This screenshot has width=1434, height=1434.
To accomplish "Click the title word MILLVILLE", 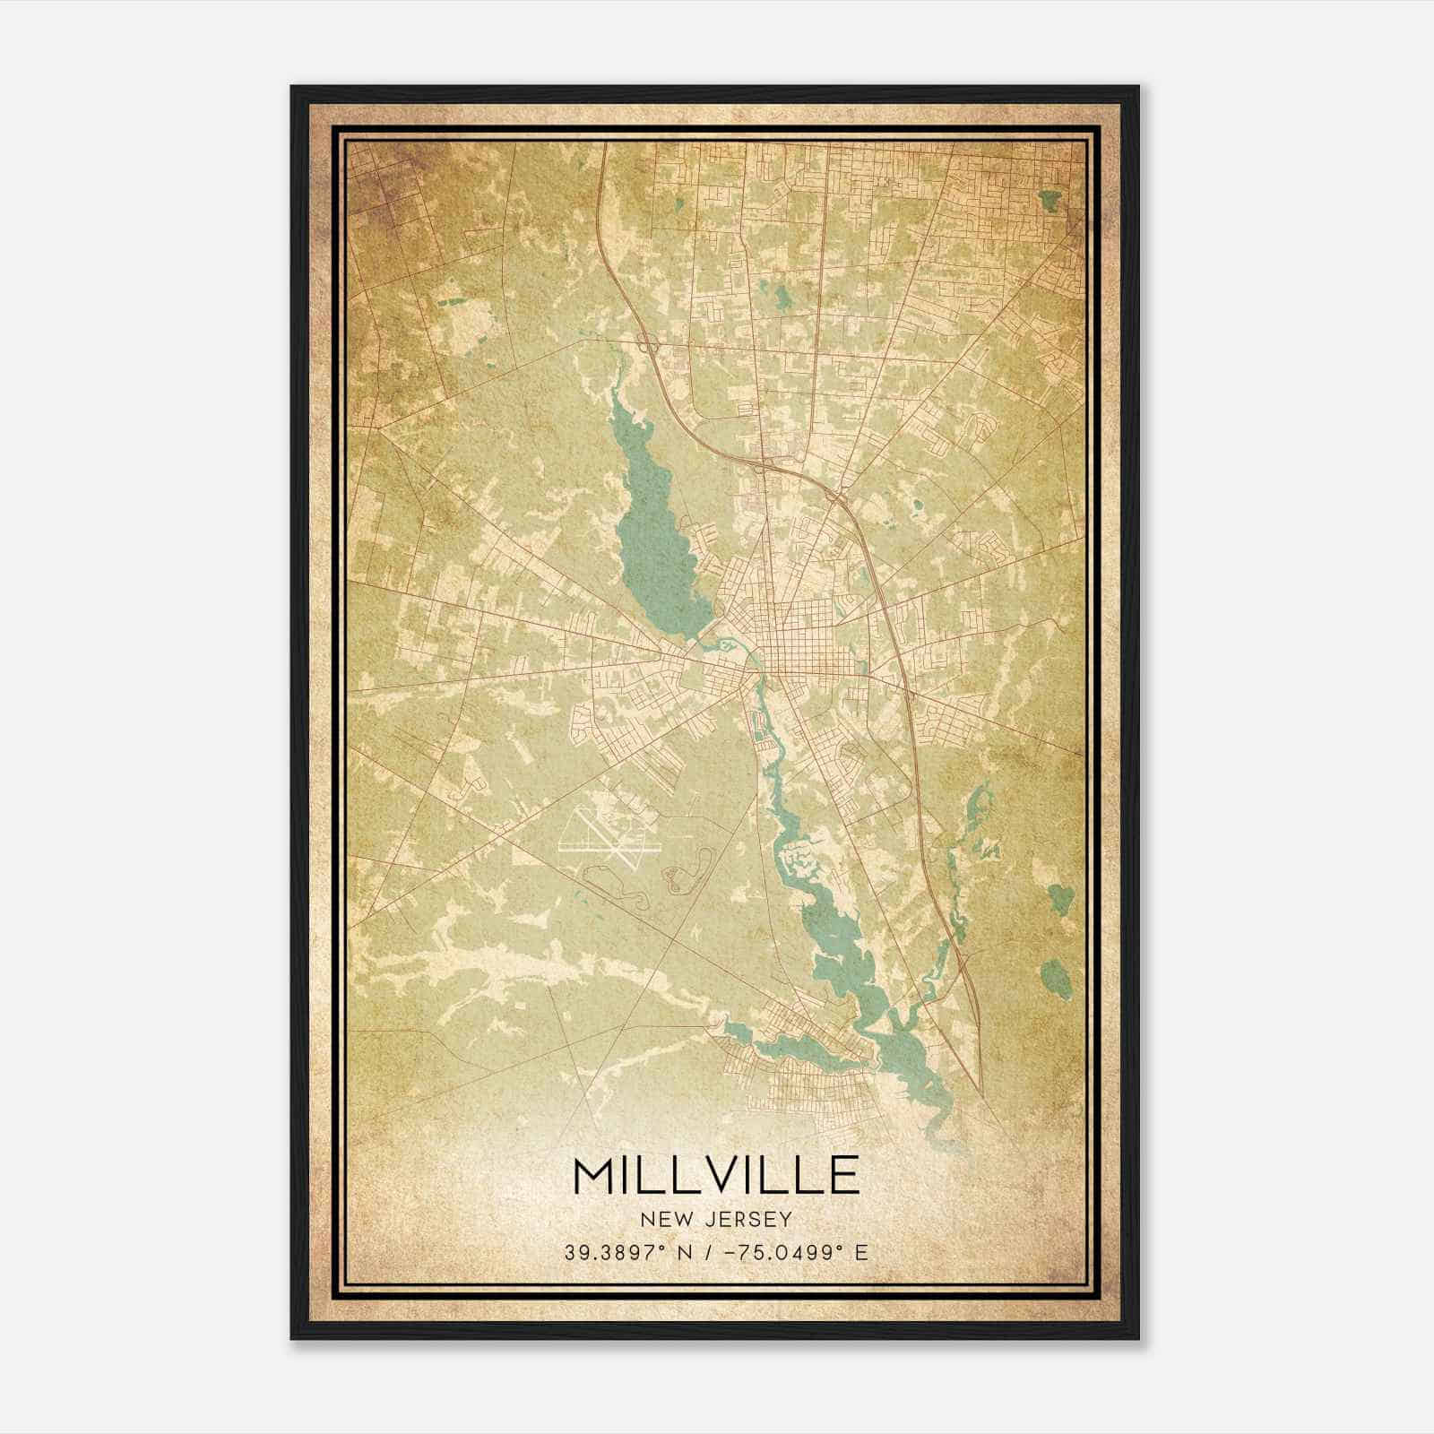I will tap(716, 1175).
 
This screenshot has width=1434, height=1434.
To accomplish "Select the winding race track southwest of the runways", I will tap(618, 887).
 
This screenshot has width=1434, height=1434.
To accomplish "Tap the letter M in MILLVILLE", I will tap(593, 1175).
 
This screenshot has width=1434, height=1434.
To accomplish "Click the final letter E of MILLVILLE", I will tap(843, 1175).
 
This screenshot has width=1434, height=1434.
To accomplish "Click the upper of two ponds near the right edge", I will tap(1060, 896).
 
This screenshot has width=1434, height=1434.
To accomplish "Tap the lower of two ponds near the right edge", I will tap(1055, 972).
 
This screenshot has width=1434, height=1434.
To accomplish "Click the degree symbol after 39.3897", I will tap(663, 1247).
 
